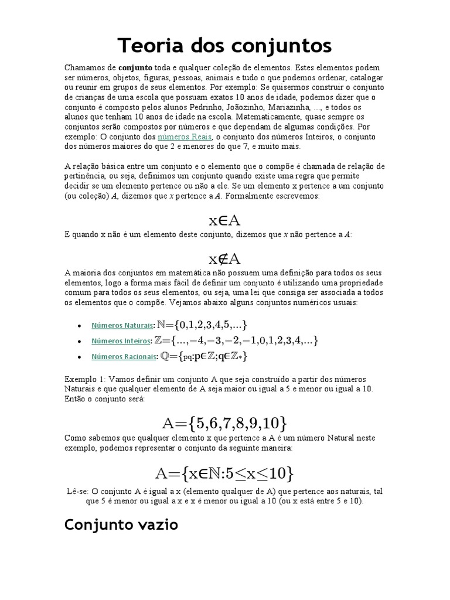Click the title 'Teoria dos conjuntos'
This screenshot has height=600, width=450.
pyautogui.click(x=225, y=45)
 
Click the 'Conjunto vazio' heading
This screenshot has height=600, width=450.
pyautogui.click(x=121, y=524)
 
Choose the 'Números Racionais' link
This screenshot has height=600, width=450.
pyautogui.click(x=124, y=356)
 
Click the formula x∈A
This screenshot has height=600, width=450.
pyautogui.click(x=225, y=220)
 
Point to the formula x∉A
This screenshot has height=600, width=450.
pyautogui.click(x=225, y=259)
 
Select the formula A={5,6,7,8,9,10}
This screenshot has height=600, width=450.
pyautogui.click(x=225, y=422)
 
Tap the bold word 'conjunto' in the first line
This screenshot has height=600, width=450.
pyautogui.click(x=136, y=68)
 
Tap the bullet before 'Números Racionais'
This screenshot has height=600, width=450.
pyautogui.click(x=79, y=357)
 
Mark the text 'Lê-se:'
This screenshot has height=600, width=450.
pyautogui.click(x=79, y=491)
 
